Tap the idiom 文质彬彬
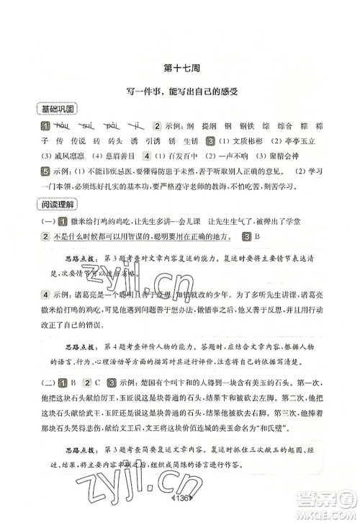click(250, 140)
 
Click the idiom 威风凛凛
click(58, 156)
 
